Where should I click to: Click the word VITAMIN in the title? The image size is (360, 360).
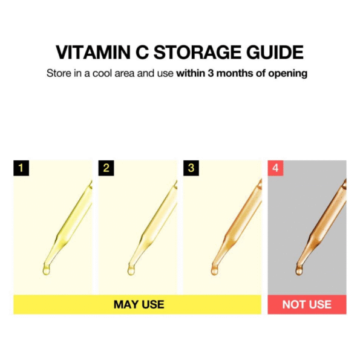click(93, 53)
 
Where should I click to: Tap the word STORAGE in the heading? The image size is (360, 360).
click(197, 53)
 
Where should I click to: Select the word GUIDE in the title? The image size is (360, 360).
click(275, 53)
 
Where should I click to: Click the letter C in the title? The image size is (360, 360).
click(142, 53)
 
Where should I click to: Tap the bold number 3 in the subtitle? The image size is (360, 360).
click(211, 73)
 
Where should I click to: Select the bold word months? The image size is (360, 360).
click(235, 73)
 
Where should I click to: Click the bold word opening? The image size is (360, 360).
click(288, 74)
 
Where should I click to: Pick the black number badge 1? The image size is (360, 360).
click(21, 168)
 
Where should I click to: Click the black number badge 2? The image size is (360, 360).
click(106, 168)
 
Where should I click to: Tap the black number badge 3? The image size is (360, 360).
click(191, 168)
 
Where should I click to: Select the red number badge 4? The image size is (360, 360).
click(275, 168)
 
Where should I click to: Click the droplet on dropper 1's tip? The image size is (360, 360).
click(46, 270)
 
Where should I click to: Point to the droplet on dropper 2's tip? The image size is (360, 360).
click(131, 270)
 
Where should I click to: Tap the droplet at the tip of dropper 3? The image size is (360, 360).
click(214, 270)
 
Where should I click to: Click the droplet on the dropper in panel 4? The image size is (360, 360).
click(299, 270)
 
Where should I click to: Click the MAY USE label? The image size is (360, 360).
click(139, 304)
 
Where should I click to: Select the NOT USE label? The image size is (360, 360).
click(307, 304)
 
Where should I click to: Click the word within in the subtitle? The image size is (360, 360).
click(191, 73)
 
